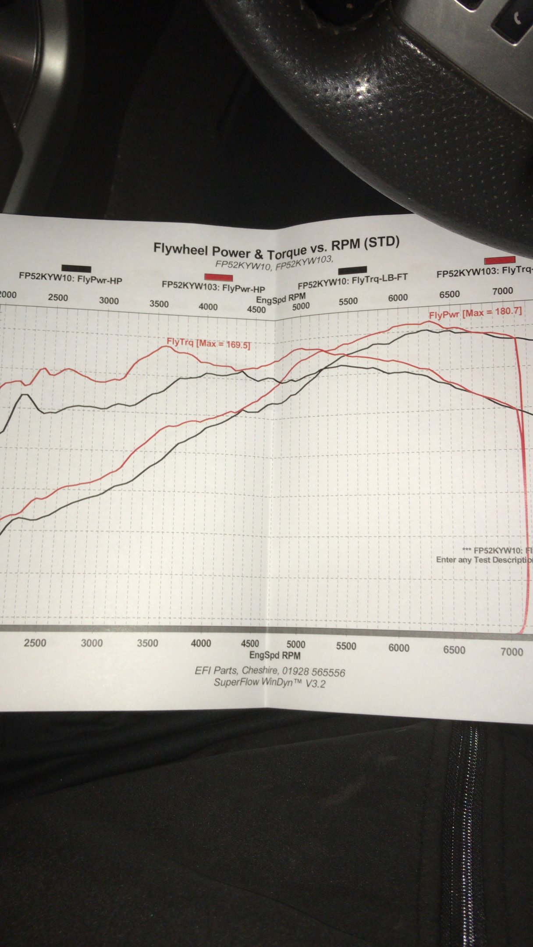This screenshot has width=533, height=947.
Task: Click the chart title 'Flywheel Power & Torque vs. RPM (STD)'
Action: (x=276, y=247)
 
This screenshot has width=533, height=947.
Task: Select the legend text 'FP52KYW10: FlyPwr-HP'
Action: (x=70, y=278)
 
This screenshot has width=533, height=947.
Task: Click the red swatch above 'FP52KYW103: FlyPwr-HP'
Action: (x=219, y=277)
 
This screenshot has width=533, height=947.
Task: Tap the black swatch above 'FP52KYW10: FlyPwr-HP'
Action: (x=76, y=269)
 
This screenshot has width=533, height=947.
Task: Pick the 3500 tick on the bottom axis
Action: (x=147, y=643)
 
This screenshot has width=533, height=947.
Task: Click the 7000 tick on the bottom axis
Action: (x=512, y=652)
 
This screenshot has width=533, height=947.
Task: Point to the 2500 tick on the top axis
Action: (x=58, y=298)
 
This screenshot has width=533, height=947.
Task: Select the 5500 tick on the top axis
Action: (x=348, y=301)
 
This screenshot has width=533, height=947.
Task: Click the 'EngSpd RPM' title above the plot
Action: (x=281, y=299)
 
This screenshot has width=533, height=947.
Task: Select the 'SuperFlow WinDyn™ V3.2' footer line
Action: (x=270, y=683)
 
